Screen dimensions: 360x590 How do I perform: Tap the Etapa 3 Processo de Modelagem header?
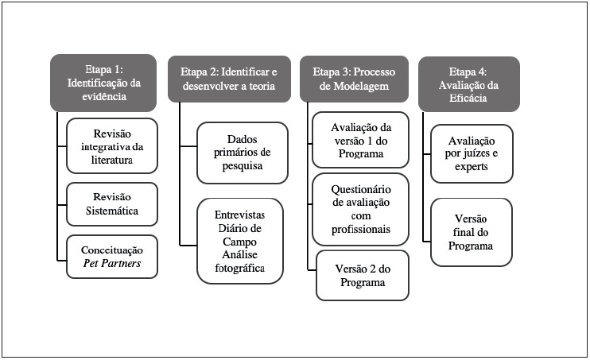tap(355, 78)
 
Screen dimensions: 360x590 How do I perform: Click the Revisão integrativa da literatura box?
tap(111, 147)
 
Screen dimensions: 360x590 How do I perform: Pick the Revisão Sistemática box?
tap(111, 204)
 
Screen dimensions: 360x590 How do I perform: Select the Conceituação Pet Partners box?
tap(111, 256)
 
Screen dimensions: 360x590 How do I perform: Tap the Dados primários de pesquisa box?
tap(240, 152)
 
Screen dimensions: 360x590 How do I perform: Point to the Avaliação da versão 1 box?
tap(361, 141)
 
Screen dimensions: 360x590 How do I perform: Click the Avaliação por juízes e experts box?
tap(471, 154)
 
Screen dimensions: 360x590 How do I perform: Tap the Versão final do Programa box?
tap(471, 232)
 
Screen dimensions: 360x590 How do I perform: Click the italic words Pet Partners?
tap(111, 264)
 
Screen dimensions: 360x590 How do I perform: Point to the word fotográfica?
tap(240, 269)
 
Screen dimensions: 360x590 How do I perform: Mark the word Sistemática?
tap(111, 211)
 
